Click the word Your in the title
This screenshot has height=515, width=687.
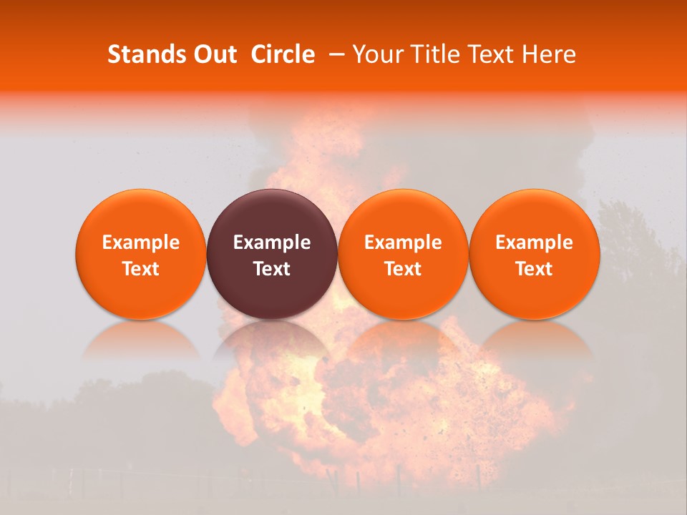(376, 54)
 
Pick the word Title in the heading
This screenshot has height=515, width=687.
(430, 54)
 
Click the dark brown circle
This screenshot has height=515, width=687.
(272, 254)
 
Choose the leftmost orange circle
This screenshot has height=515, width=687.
(140, 254)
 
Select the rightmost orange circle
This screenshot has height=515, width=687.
(534, 254)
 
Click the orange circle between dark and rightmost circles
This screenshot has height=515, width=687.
(403, 254)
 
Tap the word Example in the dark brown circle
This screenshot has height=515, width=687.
(272, 242)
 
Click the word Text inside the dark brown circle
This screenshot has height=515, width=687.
(272, 269)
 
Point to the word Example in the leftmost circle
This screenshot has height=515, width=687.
(140, 242)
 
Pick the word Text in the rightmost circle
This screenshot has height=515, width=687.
(534, 269)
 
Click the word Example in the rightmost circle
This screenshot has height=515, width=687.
(534, 242)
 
